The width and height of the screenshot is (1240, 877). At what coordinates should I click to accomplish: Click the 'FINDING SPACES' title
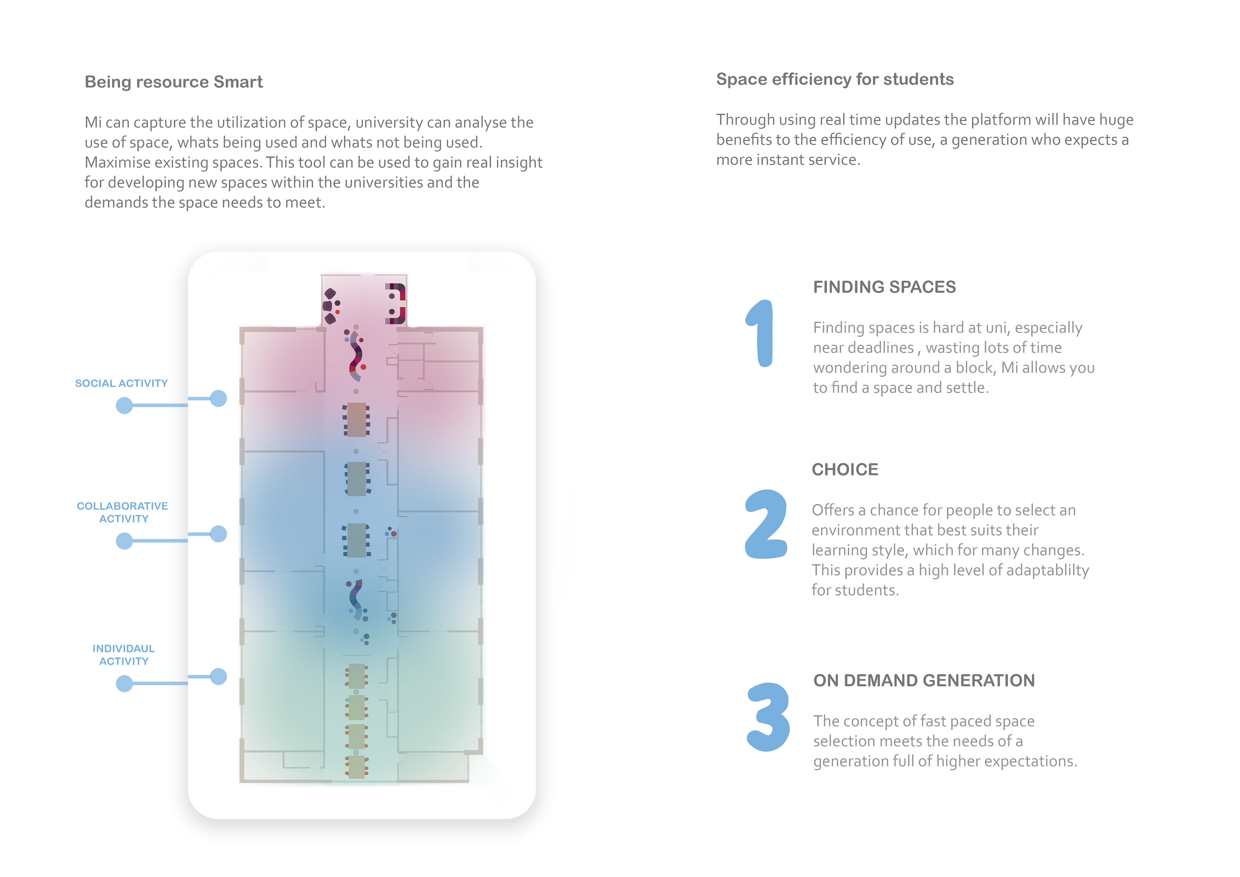[x=884, y=287]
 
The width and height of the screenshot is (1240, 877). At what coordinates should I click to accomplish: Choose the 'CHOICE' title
[x=845, y=470]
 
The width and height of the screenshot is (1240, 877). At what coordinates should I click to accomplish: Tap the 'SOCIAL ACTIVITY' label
[x=121, y=383]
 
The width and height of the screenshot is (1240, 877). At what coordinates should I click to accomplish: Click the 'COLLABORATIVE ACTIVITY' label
[x=123, y=512]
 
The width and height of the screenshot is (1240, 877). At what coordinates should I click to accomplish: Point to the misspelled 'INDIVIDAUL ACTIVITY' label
[x=124, y=655]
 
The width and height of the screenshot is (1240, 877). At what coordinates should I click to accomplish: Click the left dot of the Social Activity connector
[x=124, y=405]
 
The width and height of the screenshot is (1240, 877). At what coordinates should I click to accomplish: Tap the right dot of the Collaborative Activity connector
[x=218, y=534]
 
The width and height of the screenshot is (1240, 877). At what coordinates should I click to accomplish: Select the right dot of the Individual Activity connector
[x=218, y=676]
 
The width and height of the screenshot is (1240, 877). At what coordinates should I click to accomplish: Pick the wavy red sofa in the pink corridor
[x=356, y=355]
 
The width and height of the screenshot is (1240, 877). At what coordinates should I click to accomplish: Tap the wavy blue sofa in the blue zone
[x=355, y=598]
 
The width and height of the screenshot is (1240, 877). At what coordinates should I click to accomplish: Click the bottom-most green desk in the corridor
[x=356, y=767]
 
